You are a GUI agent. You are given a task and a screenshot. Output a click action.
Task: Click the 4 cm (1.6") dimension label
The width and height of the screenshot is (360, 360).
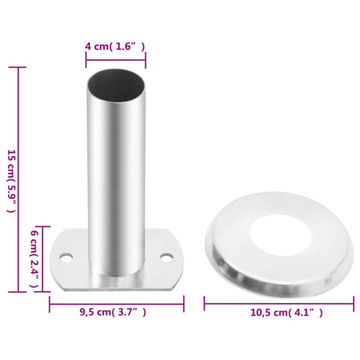click(115, 46)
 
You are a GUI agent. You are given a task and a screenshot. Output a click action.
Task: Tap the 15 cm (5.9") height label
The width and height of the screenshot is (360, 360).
click(10, 180)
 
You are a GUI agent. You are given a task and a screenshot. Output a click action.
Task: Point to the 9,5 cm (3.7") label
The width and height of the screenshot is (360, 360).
click(113, 312)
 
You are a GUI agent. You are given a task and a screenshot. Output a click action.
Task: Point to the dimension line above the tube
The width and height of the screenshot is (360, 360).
click(115, 59)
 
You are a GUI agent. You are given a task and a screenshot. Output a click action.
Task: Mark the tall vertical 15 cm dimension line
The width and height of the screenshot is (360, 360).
click(19, 180)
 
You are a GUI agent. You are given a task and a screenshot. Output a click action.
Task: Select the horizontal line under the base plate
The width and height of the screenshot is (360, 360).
click(116, 304)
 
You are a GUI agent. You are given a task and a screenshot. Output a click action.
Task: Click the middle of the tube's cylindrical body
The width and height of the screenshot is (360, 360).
click(115, 180)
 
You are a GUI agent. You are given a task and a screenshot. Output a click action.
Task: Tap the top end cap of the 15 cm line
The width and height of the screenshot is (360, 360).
click(19, 67)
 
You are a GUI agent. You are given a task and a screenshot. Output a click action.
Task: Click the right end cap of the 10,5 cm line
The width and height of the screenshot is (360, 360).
click(353, 304)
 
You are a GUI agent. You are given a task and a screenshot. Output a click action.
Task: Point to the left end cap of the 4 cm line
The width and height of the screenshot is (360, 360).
click(86, 59)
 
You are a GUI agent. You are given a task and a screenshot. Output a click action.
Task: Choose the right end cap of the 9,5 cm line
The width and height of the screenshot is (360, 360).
click(184, 304)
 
